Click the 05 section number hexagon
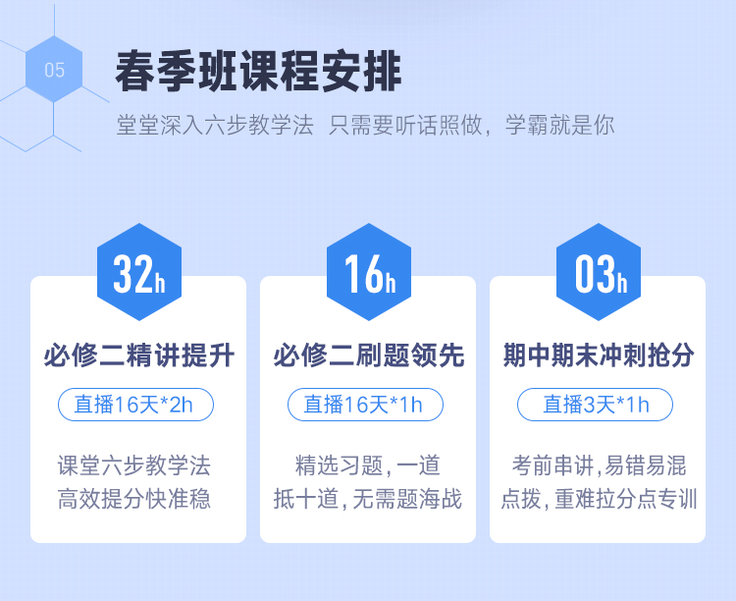(x=54, y=70)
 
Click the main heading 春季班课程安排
(x=258, y=72)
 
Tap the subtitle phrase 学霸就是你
(x=560, y=125)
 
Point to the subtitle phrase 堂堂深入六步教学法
(x=215, y=125)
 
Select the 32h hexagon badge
(x=139, y=272)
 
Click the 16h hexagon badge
(x=369, y=272)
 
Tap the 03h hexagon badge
(x=599, y=272)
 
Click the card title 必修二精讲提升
(x=139, y=355)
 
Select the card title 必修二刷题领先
(x=369, y=355)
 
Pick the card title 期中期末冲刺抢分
(x=599, y=355)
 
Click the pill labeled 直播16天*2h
(x=135, y=405)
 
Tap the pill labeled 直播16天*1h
(x=365, y=405)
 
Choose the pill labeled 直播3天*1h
(x=595, y=405)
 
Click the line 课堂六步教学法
(x=134, y=465)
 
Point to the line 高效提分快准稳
(x=134, y=499)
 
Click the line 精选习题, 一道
(x=368, y=465)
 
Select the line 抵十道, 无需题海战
(x=368, y=499)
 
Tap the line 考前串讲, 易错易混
(x=599, y=465)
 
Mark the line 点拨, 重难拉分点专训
(x=599, y=499)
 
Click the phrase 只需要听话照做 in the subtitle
(x=405, y=125)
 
